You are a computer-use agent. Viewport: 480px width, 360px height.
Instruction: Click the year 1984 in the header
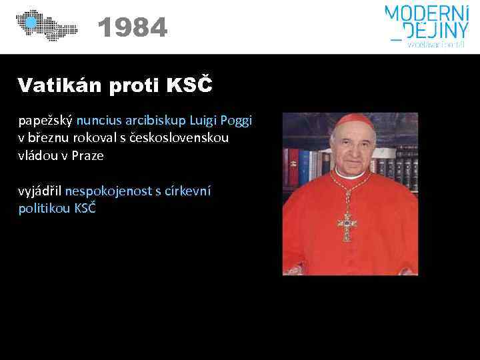pos(132,28)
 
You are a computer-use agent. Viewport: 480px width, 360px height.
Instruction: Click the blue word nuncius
pos(99,121)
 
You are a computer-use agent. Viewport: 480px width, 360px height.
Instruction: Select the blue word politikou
pos(43,208)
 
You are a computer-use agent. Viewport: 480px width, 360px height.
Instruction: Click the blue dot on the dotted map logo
pos(30,23)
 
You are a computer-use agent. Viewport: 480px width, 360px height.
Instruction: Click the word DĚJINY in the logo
pos(431,30)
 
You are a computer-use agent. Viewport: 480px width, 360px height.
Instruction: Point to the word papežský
pos(45,121)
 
